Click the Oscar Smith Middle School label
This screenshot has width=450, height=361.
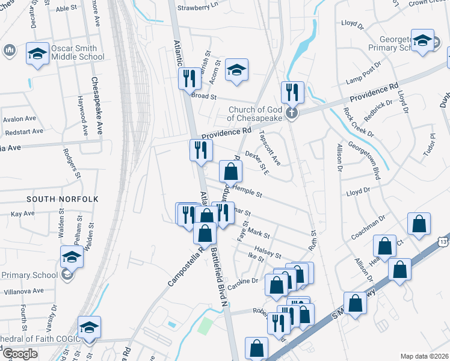(78, 53)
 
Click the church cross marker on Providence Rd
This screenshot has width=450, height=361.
(291, 113)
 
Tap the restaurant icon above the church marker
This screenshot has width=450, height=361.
(292, 92)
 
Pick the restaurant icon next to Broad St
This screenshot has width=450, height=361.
(190, 78)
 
